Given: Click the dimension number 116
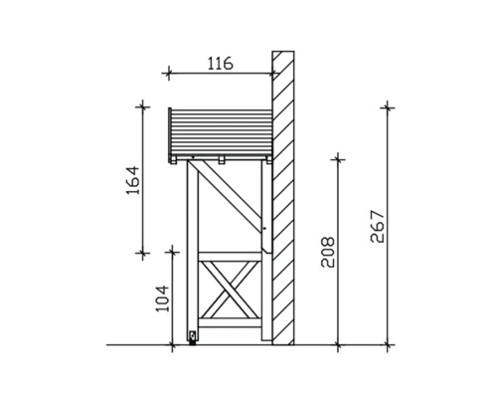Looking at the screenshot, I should (220, 63).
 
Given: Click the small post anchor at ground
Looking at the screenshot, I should (192, 338).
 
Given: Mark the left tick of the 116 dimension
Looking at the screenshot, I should (169, 72).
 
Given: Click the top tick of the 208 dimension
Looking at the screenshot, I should (339, 157).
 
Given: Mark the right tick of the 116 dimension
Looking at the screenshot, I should (273, 72).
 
